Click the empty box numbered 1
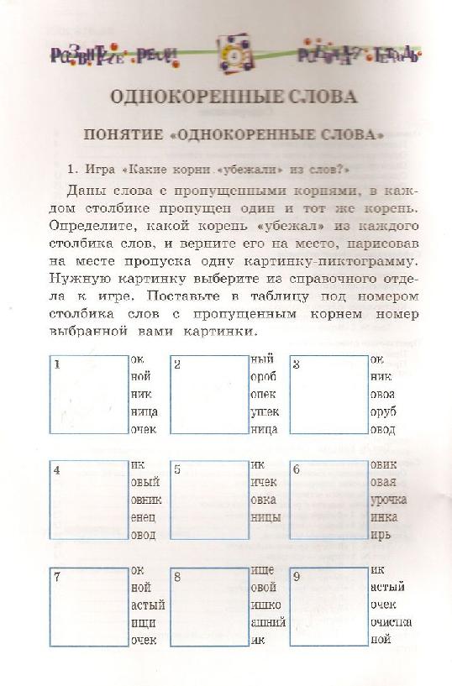coord(88,394)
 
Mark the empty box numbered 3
coord(328,394)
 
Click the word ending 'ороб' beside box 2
coord(264,376)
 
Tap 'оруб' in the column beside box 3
coord(383,411)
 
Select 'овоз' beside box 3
coord(383,394)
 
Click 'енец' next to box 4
coord(143,519)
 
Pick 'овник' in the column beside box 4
coord(145,501)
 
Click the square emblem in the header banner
coord(227,55)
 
